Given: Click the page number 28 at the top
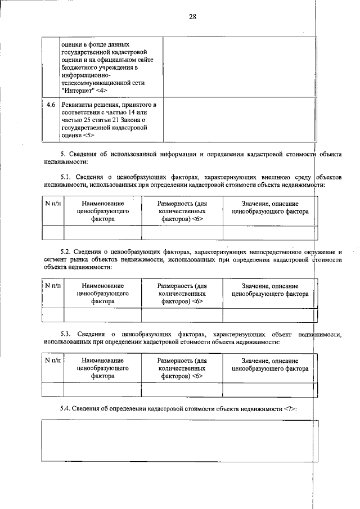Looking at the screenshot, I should [x=192, y=16].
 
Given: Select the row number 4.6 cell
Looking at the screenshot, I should [x=51, y=105].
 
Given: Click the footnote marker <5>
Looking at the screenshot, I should [x=89, y=135].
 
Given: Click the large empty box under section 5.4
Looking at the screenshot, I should [x=179, y=441].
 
